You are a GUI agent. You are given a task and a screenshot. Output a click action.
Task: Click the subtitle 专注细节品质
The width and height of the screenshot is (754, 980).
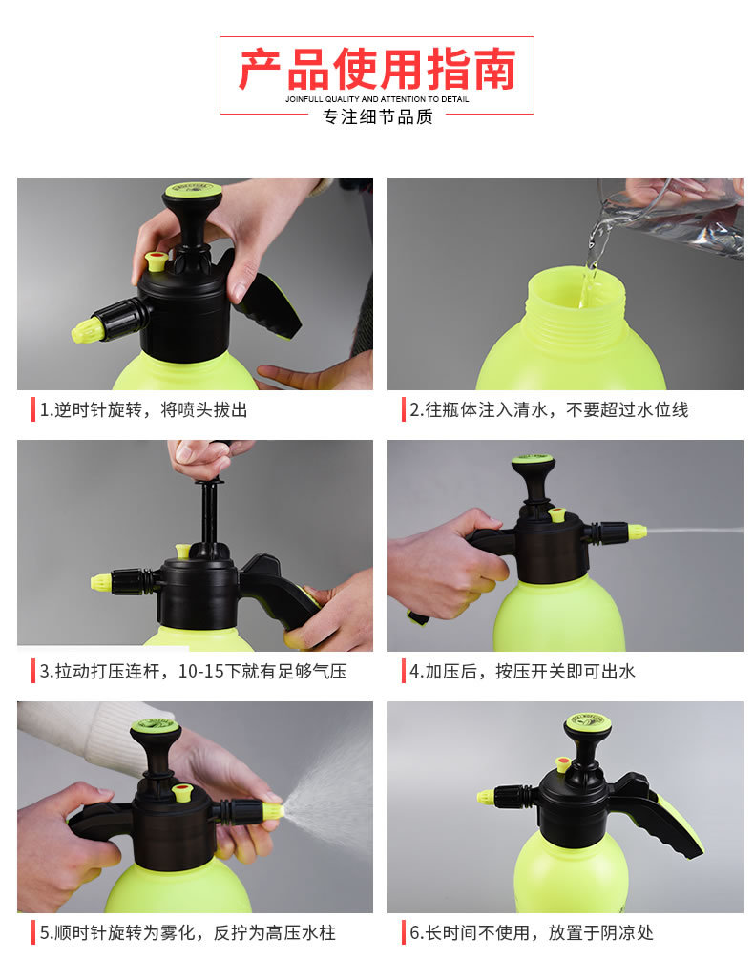pyautogui.click(x=377, y=116)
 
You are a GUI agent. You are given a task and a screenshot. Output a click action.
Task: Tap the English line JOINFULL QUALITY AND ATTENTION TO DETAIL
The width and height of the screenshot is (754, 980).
pyautogui.click(x=377, y=98)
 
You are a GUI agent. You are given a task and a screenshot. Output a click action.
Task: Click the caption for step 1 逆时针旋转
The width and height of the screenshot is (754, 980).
pyautogui.click(x=143, y=410)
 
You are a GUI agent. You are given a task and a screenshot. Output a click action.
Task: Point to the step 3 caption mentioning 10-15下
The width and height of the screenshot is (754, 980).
pyautogui.click(x=193, y=672)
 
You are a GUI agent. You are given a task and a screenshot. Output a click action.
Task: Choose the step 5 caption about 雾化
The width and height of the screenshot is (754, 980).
pyautogui.click(x=187, y=932)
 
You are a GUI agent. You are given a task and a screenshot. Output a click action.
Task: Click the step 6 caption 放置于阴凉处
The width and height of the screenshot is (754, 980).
pyautogui.click(x=532, y=932)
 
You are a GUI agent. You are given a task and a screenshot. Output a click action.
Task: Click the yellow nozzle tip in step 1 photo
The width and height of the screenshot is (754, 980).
pyautogui.click(x=87, y=330)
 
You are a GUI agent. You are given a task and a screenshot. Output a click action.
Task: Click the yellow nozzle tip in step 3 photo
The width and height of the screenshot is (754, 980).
pyautogui.click(x=100, y=581)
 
